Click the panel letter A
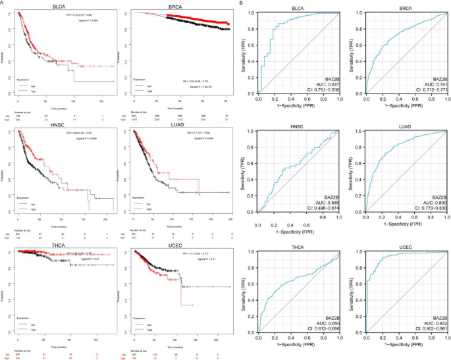3,3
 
